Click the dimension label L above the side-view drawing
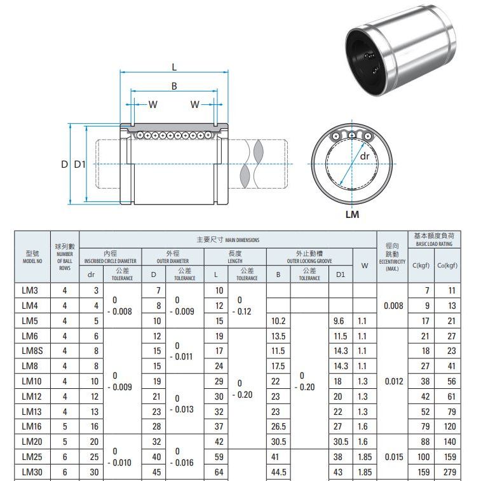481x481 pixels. [x=174, y=67]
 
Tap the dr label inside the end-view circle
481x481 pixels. [x=365, y=156]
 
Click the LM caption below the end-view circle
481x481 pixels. [x=352, y=214]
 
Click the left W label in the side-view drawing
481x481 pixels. [x=152, y=104]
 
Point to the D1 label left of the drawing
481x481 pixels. [x=79, y=165]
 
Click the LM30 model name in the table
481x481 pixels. [x=30, y=472]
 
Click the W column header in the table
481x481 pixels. [x=364, y=266]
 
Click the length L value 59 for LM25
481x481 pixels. [x=219, y=457]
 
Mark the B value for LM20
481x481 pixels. [x=278, y=442]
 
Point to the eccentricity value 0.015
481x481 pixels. [x=394, y=457]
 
